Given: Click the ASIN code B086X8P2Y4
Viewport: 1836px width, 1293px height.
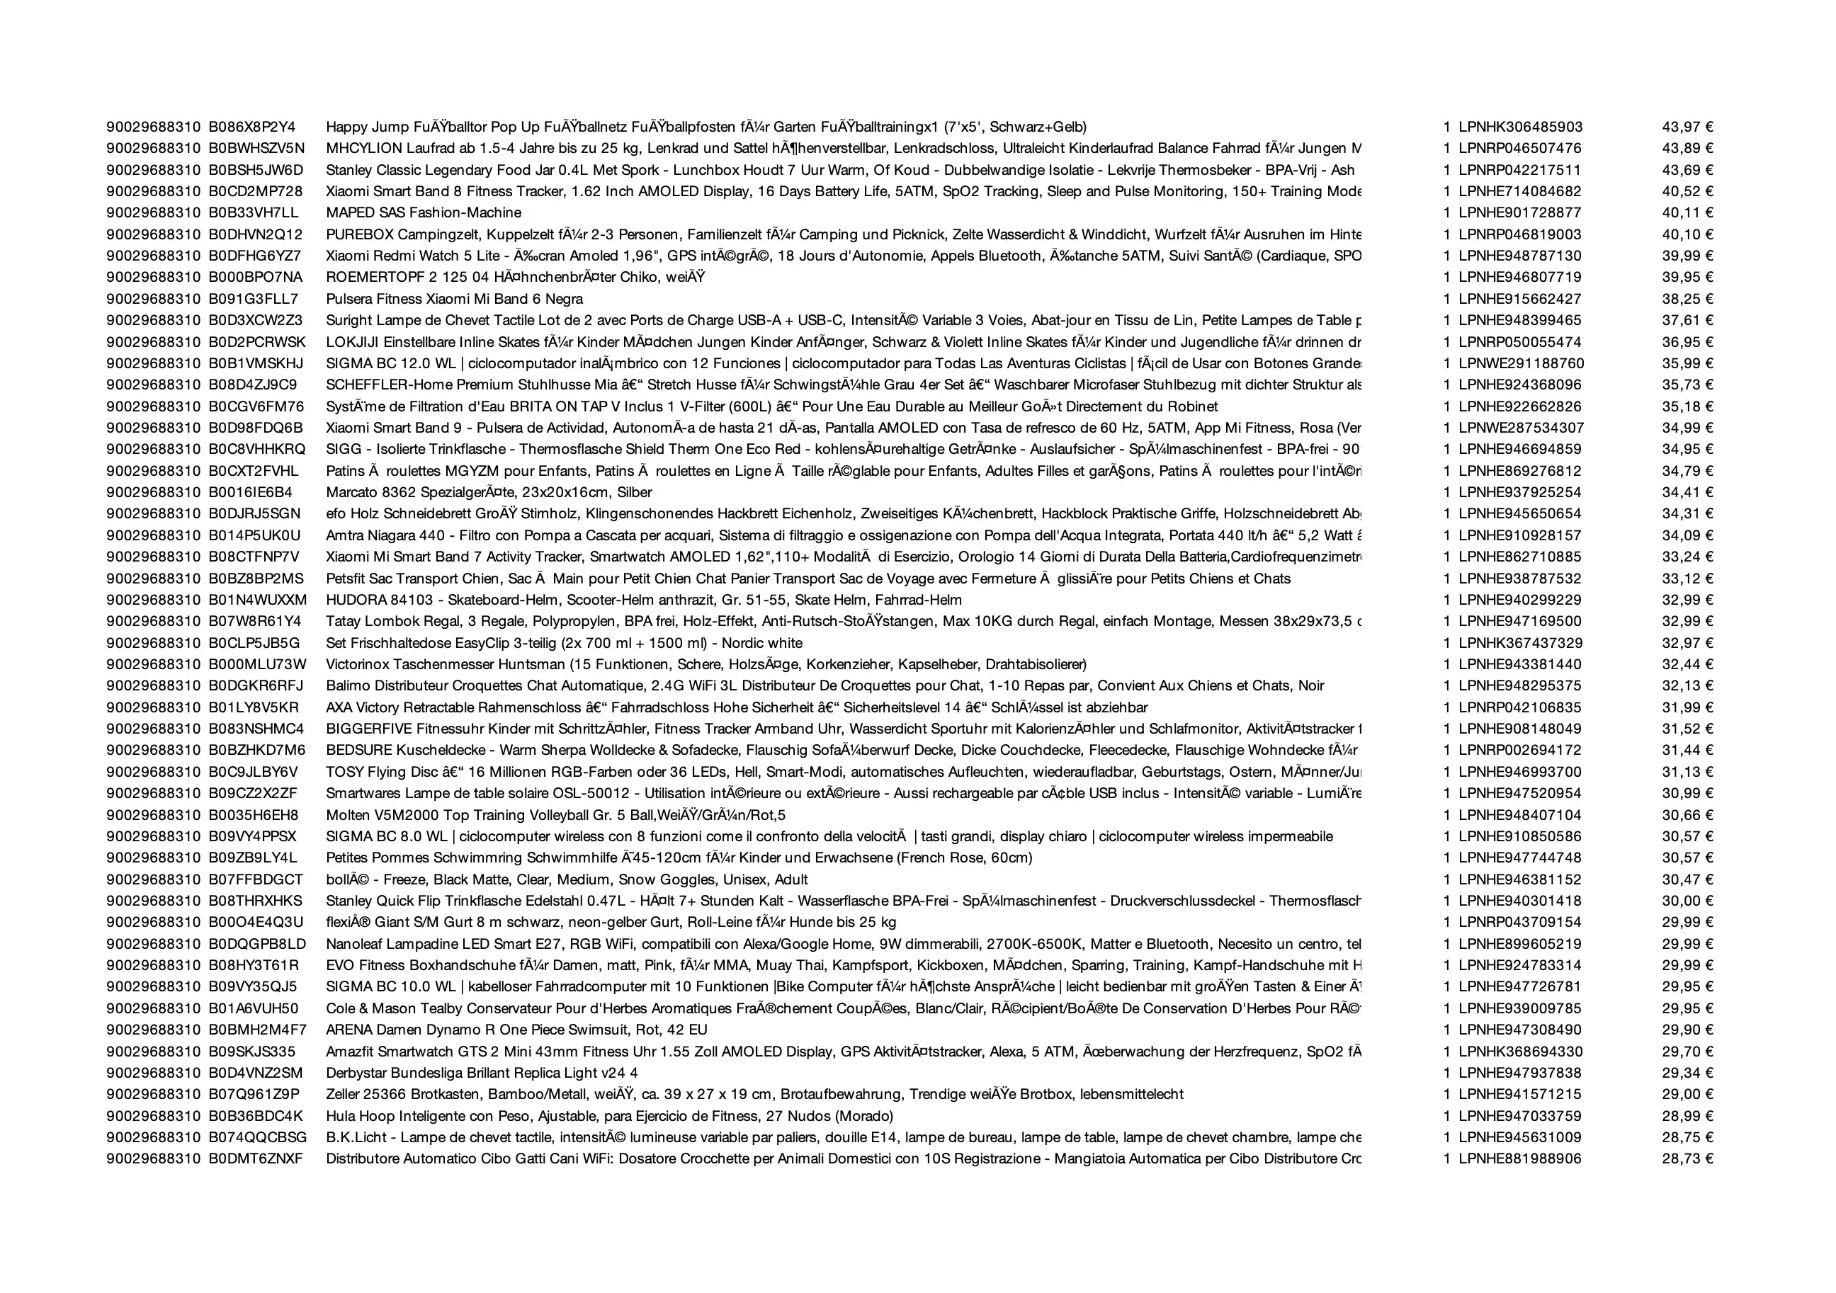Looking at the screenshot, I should click(252, 127).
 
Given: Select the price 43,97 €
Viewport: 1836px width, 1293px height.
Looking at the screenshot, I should click(1687, 127).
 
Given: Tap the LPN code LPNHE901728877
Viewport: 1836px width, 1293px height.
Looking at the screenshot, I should click(1519, 212).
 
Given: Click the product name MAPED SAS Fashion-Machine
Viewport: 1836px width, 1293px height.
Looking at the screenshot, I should click(423, 212).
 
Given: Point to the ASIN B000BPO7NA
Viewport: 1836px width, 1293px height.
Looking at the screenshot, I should click(256, 278).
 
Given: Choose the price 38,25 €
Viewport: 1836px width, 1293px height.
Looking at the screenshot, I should click(1687, 299).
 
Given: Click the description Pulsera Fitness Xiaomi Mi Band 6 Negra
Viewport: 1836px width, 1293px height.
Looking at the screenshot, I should click(454, 299).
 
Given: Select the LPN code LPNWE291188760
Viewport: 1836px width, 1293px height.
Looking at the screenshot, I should click(1521, 363).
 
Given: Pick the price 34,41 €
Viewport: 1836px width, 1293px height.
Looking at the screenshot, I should click(1687, 493).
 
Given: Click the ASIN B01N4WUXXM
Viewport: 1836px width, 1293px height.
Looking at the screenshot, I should click(258, 600).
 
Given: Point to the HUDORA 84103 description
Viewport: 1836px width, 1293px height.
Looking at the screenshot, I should click(644, 600).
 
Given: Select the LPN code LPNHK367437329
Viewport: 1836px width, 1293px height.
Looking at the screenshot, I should click(1520, 643).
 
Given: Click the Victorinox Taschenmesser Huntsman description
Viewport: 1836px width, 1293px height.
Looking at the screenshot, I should click(706, 664).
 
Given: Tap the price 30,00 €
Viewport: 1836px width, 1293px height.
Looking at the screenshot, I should click(1687, 901).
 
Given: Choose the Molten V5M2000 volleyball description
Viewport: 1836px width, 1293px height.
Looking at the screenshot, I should click(556, 815).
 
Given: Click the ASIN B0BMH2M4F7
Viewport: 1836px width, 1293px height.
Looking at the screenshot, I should click(258, 1030).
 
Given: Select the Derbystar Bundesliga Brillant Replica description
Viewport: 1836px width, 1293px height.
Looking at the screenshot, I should click(482, 1073).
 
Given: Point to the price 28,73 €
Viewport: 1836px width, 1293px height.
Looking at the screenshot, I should click(1687, 1158).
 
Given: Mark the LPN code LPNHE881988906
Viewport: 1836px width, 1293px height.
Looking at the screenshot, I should click(1519, 1158).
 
